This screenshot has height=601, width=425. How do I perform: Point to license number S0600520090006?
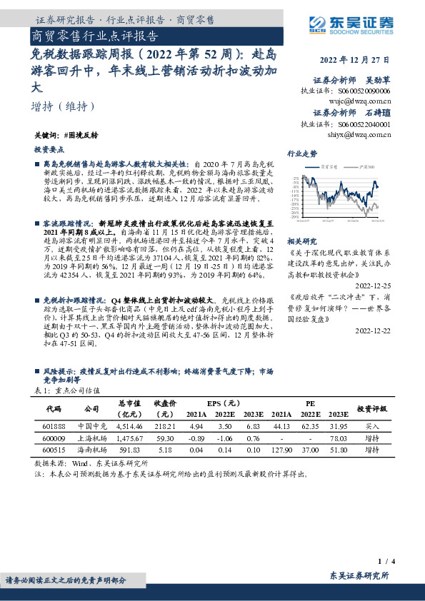pos(360,91)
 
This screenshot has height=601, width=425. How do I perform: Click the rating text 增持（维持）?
pos(64,106)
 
